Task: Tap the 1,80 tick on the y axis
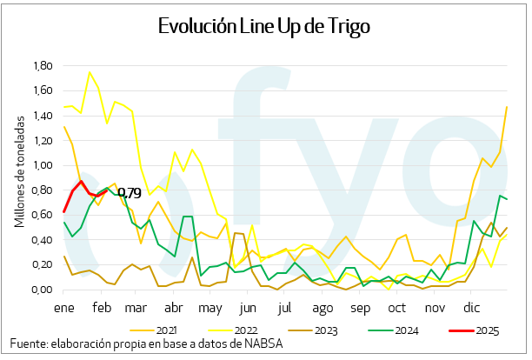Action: click(x=42, y=66)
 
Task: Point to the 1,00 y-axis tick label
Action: click(x=42, y=165)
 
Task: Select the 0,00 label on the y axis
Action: click(x=42, y=290)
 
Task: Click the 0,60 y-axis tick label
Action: click(x=42, y=216)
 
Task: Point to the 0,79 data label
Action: click(x=129, y=192)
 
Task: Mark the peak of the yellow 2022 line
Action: click(x=90, y=72)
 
